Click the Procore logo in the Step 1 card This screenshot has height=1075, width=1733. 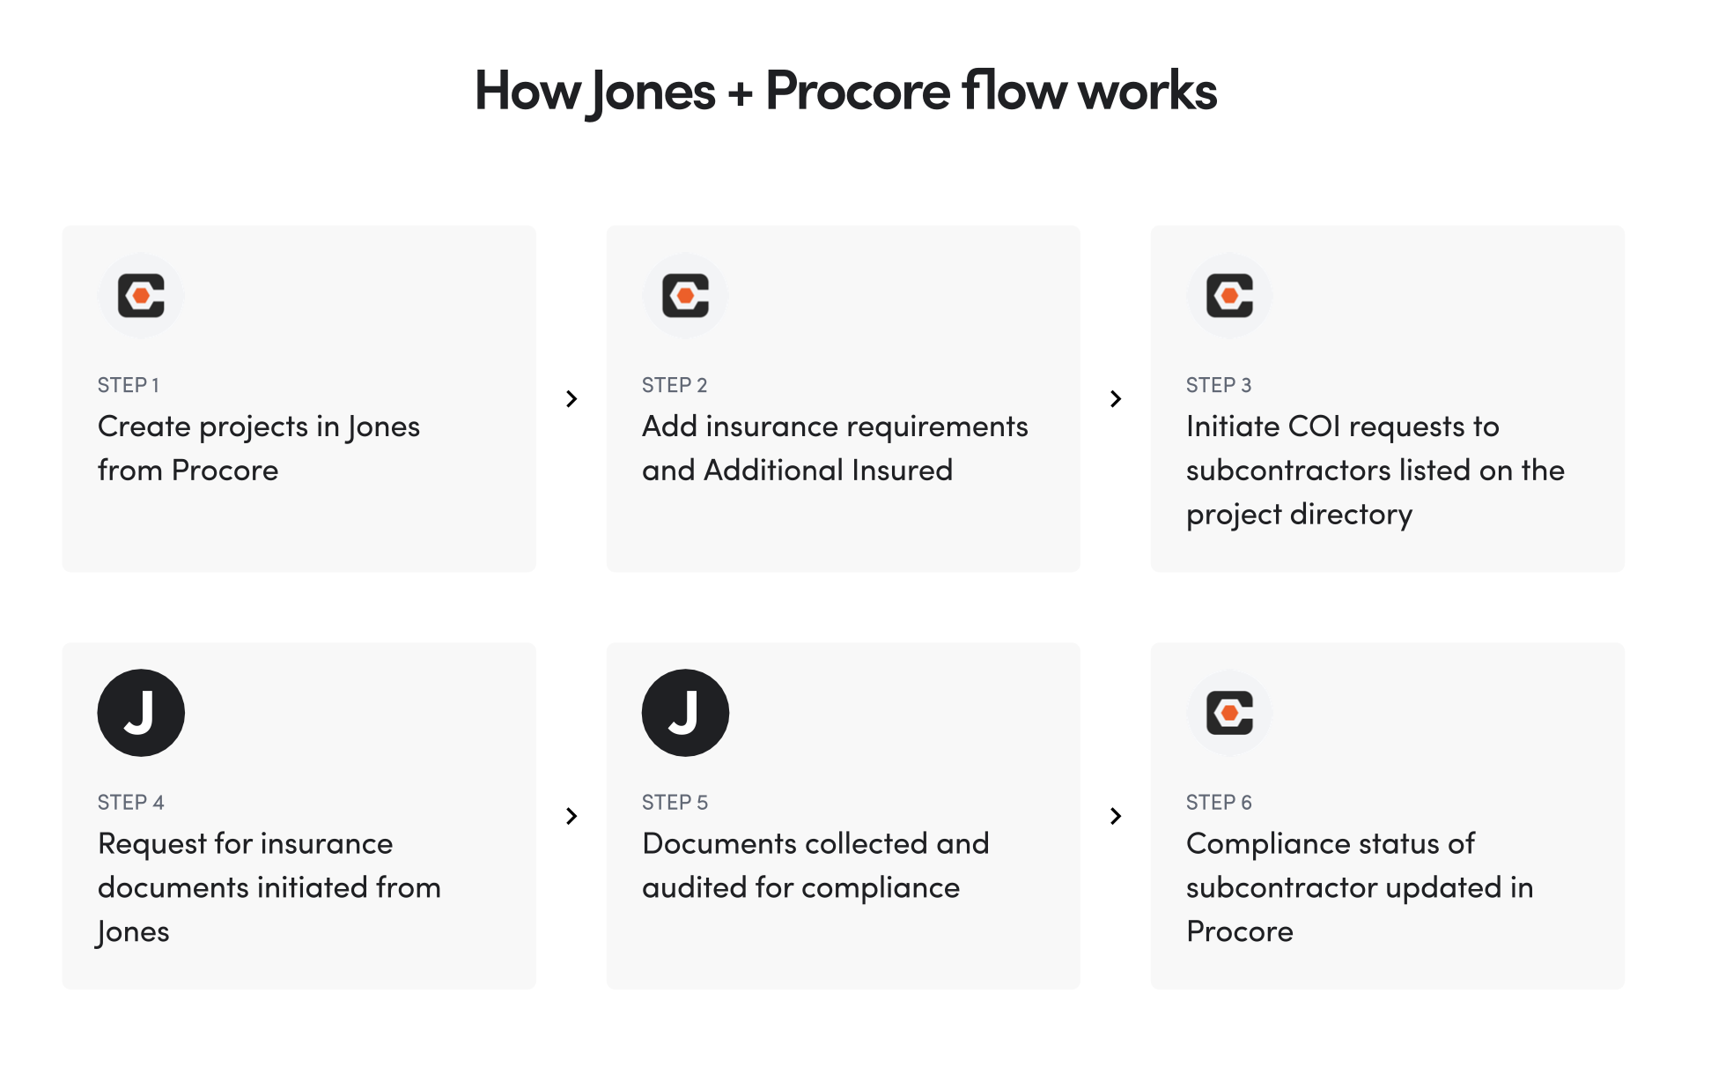pos(141,295)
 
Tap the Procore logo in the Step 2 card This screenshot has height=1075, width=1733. pos(685,295)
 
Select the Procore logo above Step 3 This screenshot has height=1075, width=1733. pos(1229,295)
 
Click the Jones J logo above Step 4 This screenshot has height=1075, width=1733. pos(141,712)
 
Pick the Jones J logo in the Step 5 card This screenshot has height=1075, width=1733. pos(685,712)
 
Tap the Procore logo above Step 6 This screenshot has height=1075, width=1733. pos(1229,712)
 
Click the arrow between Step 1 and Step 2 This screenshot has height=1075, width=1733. pos(572,399)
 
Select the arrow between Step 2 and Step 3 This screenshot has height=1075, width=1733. pos(1116,399)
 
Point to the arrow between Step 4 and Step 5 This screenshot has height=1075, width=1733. pos(572,816)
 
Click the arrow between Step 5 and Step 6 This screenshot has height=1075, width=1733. pos(1116,816)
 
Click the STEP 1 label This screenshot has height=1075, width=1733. pos(129,385)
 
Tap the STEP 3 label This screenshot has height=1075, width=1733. pos(1219,385)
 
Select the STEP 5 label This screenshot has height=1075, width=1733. pos(675,802)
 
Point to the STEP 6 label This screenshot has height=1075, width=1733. pos(1219,802)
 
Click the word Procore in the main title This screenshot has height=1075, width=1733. pos(858,91)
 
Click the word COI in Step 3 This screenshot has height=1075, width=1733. pos(1314,426)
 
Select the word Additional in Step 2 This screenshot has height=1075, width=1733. pos(773,471)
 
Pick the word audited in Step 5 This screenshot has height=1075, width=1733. pos(695,887)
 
